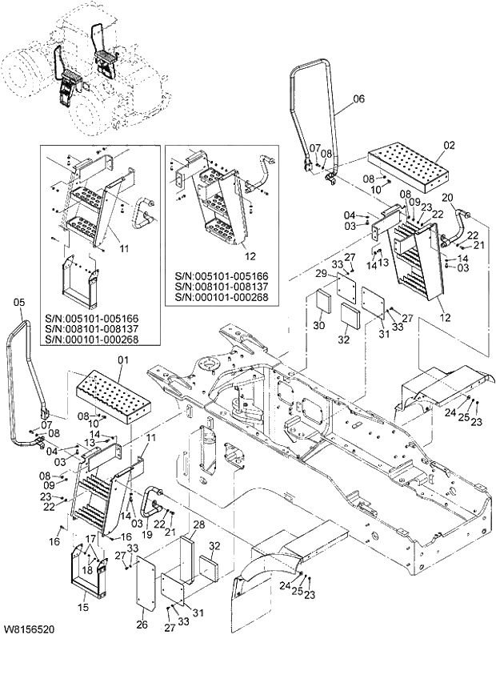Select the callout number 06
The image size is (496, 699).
tap(358, 99)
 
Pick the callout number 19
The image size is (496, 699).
tap(147, 534)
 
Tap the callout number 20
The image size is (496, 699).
tap(448, 198)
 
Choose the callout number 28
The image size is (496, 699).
tap(199, 524)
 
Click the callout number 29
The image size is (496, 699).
tap(320, 275)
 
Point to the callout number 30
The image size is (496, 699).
tap(318, 326)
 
